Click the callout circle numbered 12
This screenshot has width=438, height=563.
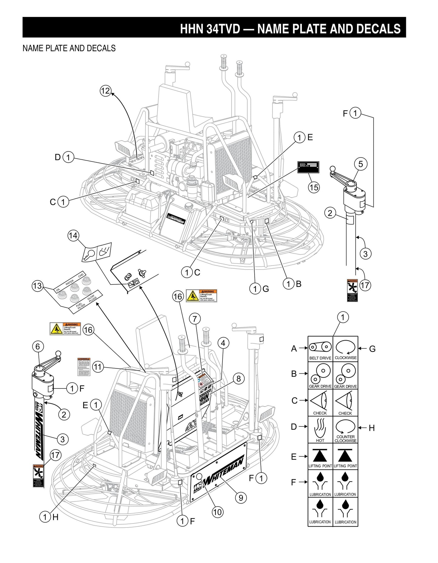[105, 91]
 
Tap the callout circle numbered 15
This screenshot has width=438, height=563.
[314, 187]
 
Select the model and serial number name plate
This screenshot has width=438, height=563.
[308, 167]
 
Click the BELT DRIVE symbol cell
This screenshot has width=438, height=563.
[320, 349]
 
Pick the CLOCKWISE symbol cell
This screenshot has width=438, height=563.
[346, 349]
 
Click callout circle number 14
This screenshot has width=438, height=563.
[73, 236]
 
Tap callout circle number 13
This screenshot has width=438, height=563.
[37, 286]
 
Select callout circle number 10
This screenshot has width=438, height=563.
[217, 512]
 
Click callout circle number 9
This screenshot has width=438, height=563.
[241, 497]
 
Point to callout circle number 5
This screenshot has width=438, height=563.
[361, 164]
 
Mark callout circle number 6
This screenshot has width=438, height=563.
[38, 346]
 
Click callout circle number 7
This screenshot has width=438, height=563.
[195, 319]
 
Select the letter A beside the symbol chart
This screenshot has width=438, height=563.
[294, 348]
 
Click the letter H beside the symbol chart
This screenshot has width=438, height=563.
[372, 428]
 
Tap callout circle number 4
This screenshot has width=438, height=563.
[223, 343]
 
